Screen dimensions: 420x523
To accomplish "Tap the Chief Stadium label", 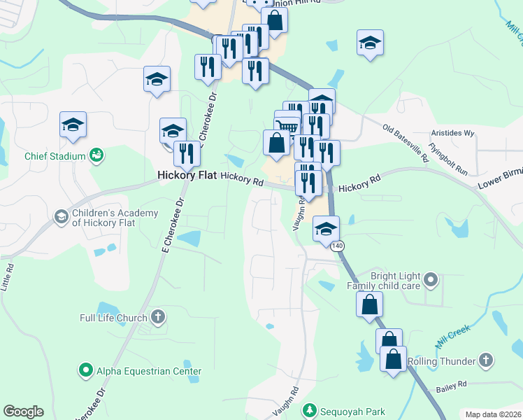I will coord(55,155).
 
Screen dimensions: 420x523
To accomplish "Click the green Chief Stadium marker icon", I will coord(96,155).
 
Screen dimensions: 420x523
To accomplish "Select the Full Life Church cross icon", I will coord(158,317).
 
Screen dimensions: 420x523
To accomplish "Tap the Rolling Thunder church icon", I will coord(487,361).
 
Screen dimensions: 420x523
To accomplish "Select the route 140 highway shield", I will coord(338,246).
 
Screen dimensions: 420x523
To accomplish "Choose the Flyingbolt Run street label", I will coord(448,160).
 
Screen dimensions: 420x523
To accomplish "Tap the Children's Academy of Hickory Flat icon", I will coord(62,218).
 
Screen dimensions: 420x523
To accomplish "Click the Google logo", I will coord(23,412).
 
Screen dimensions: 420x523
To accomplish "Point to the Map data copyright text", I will coord(493,414).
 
